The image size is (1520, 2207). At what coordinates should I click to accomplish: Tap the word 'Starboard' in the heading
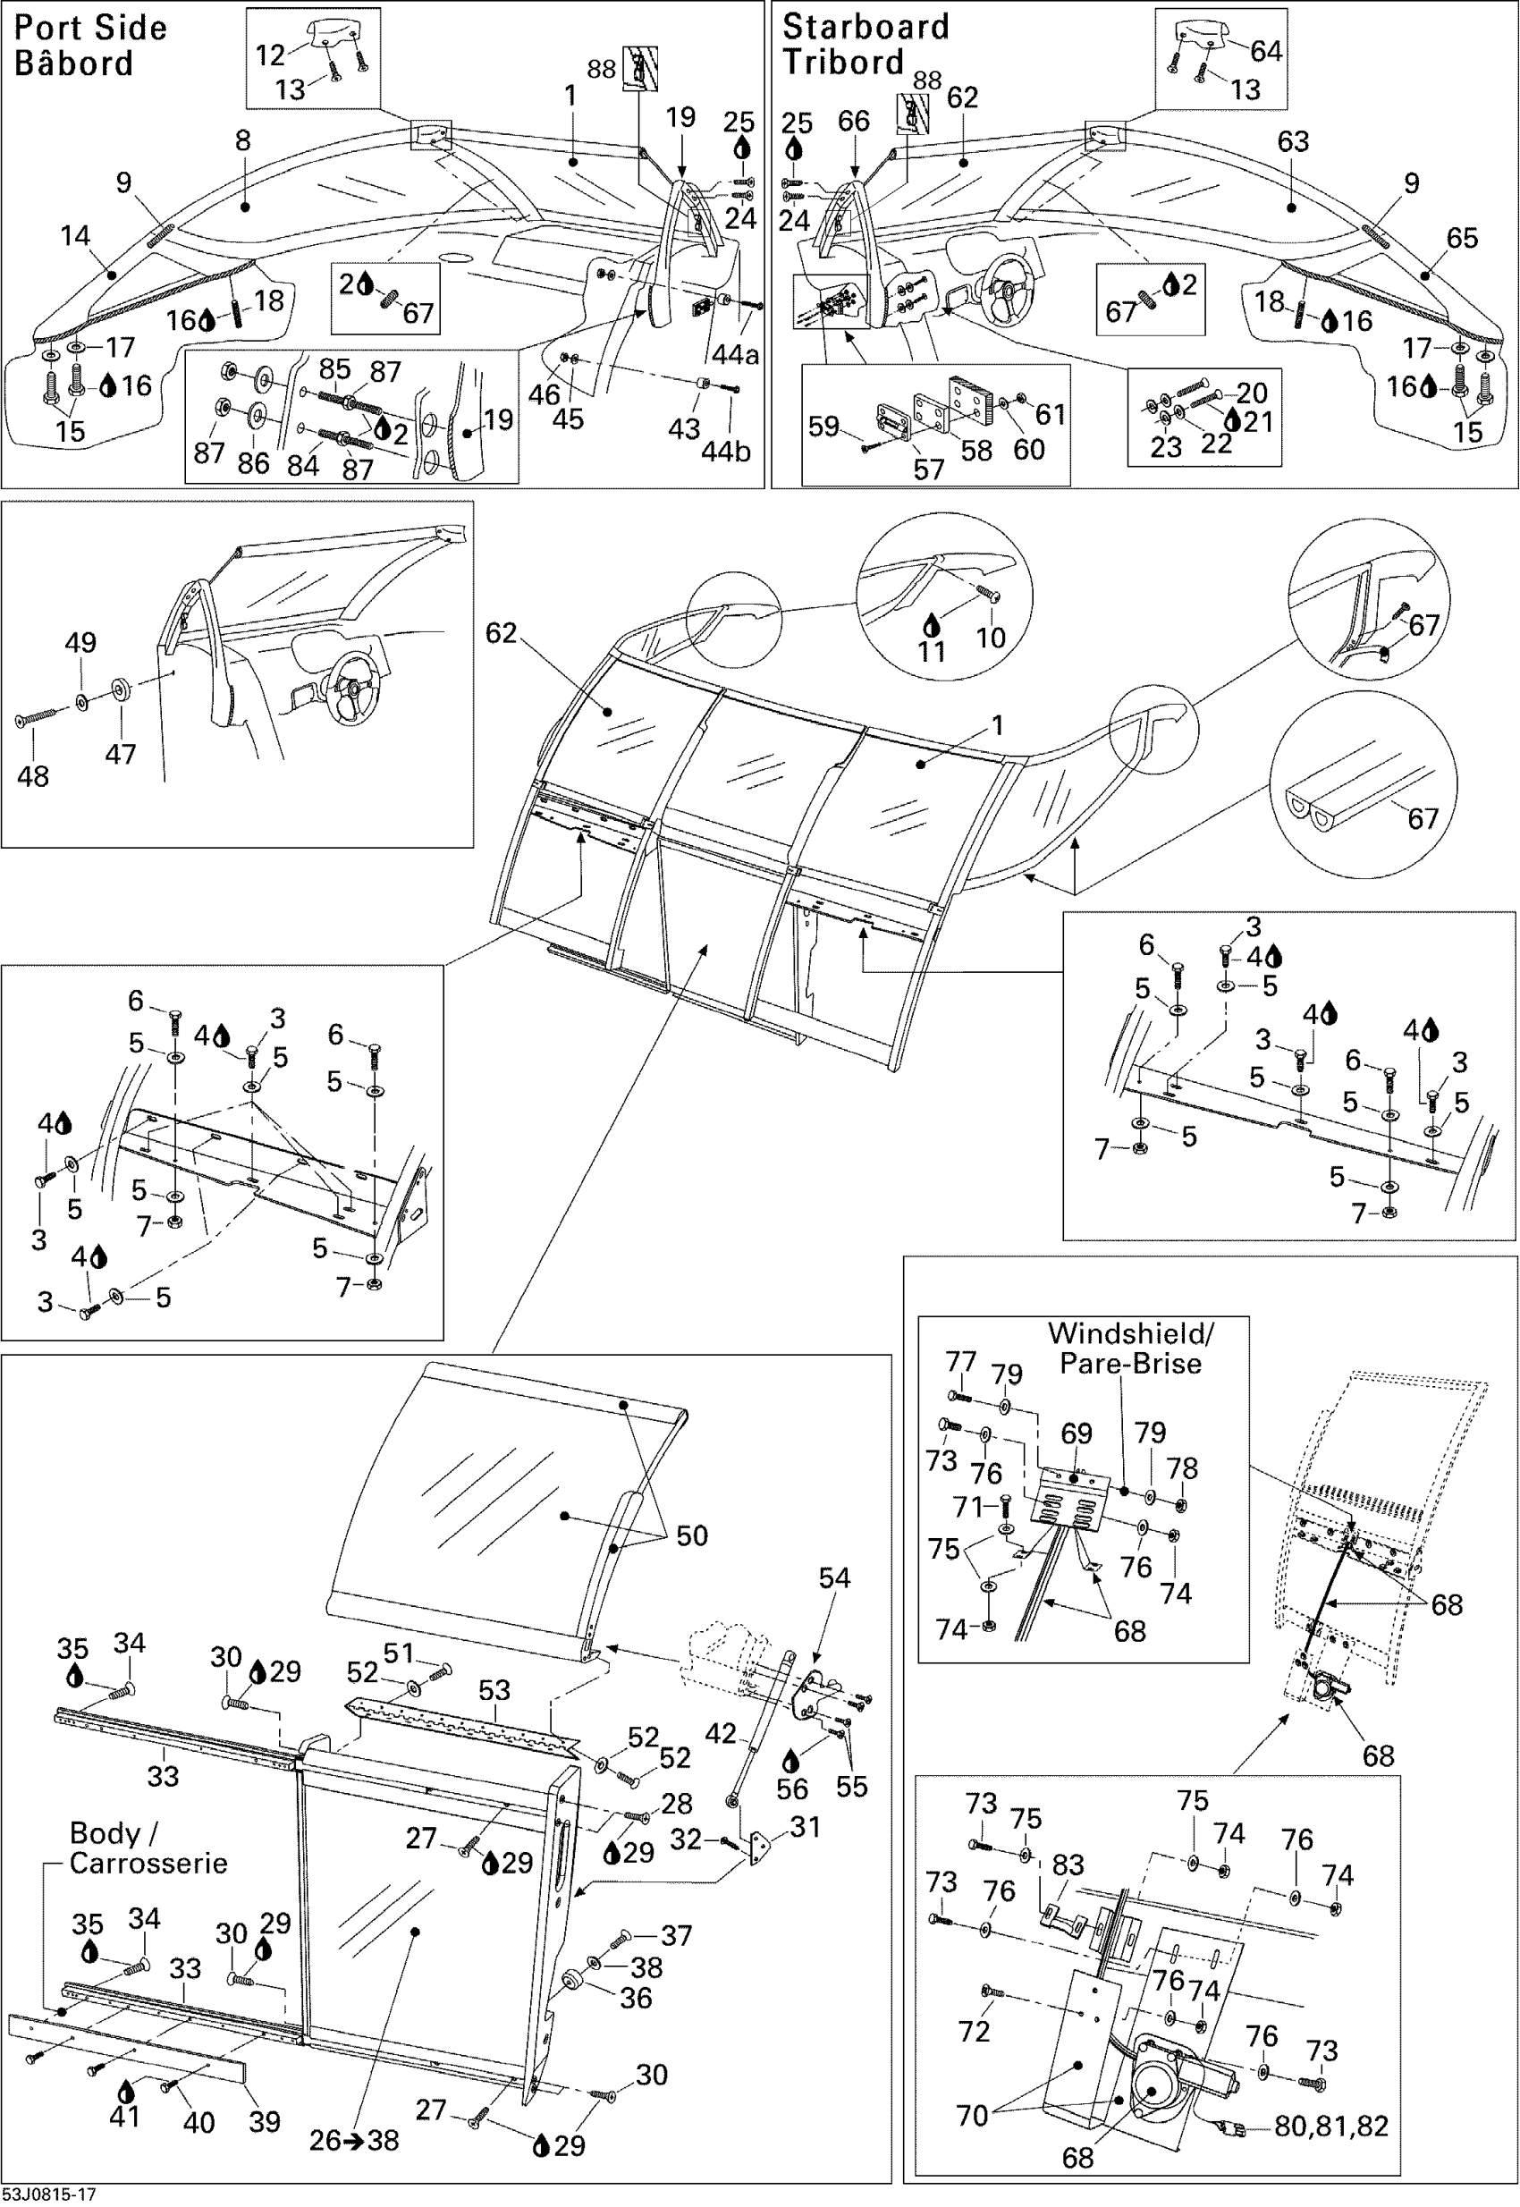point(865,26)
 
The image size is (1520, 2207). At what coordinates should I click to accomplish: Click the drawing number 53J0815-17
point(48,2195)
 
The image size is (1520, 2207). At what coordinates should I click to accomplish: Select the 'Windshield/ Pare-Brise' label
point(1130,1348)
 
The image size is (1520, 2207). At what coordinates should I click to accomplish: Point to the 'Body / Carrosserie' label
point(148,1848)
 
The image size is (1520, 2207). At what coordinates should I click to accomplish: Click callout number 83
point(1068,1865)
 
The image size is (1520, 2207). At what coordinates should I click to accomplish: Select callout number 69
point(1077,1433)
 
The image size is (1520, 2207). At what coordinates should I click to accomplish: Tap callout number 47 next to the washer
point(120,754)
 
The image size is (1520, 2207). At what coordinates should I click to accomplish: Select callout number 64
point(1266,50)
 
